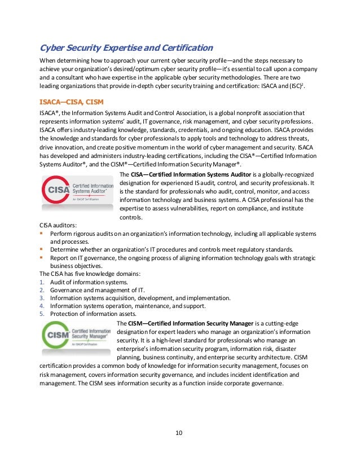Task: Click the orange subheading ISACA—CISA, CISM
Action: click(x=71, y=102)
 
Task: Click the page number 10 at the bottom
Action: click(x=179, y=433)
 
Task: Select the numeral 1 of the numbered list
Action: click(x=41, y=282)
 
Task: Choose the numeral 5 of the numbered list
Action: click(x=41, y=314)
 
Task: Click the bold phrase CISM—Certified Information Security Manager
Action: click(x=191, y=323)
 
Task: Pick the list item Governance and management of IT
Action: click(x=94, y=290)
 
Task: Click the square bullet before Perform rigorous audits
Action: click(x=41, y=234)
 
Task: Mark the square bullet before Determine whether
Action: click(x=41, y=249)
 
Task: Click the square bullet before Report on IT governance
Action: click(x=41, y=257)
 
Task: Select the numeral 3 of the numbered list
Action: click(x=41, y=298)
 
